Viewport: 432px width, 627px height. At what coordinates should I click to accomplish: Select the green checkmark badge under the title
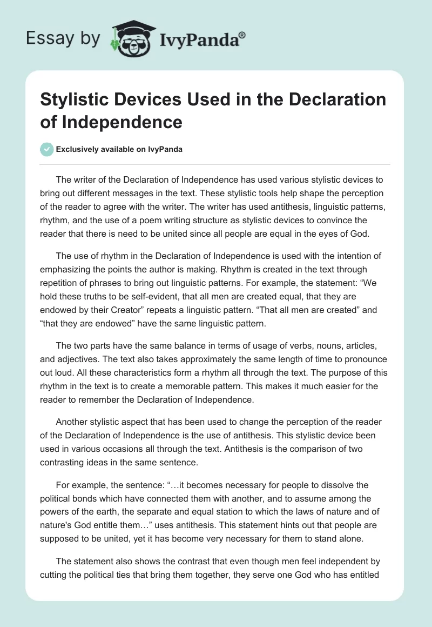tap(47, 149)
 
